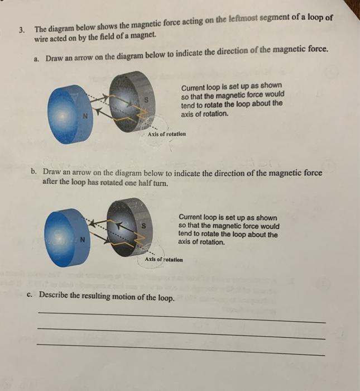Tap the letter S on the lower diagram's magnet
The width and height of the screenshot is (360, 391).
click(144, 226)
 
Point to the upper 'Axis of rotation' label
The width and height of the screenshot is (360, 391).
click(167, 134)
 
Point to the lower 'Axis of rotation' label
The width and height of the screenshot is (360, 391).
click(164, 260)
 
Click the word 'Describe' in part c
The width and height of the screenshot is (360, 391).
click(55, 295)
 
